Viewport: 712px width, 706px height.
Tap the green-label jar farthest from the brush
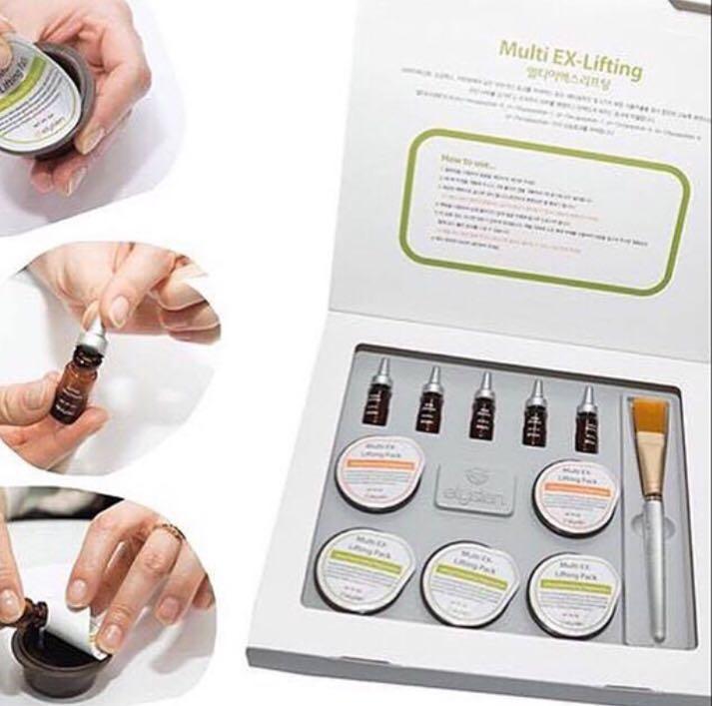click(364, 570)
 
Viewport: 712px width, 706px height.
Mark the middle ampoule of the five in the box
click(484, 407)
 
